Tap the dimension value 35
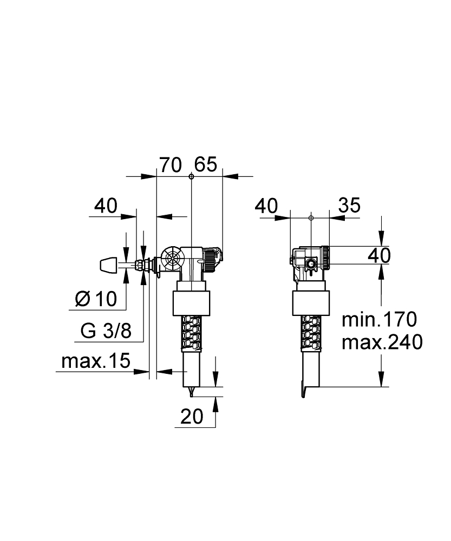(x=349, y=206)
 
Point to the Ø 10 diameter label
(x=96, y=299)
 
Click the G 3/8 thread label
(x=106, y=331)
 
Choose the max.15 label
(x=95, y=361)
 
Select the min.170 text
(x=379, y=320)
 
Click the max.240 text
(x=382, y=342)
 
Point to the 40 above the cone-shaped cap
(x=106, y=206)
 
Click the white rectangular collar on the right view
(x=311, y=304)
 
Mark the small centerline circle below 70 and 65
(x=191, y=176)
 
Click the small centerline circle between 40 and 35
(x=311, y=218)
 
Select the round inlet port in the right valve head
(x=312, y=265)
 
